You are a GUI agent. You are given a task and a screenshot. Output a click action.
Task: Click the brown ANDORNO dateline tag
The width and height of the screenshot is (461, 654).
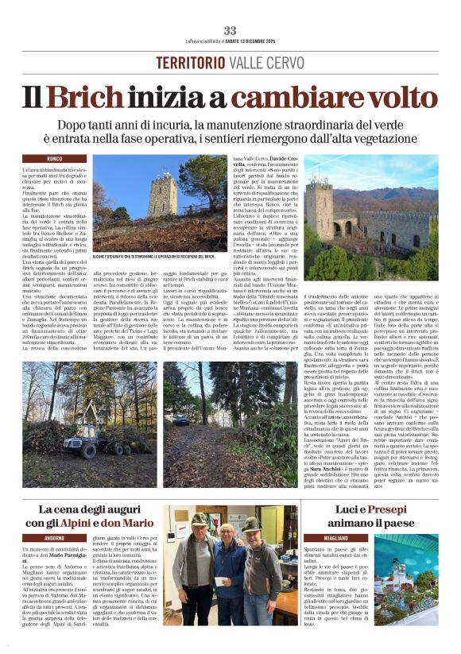click(55, 537)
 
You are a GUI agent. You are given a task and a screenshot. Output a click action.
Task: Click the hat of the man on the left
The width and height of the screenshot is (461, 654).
click(199, 521)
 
